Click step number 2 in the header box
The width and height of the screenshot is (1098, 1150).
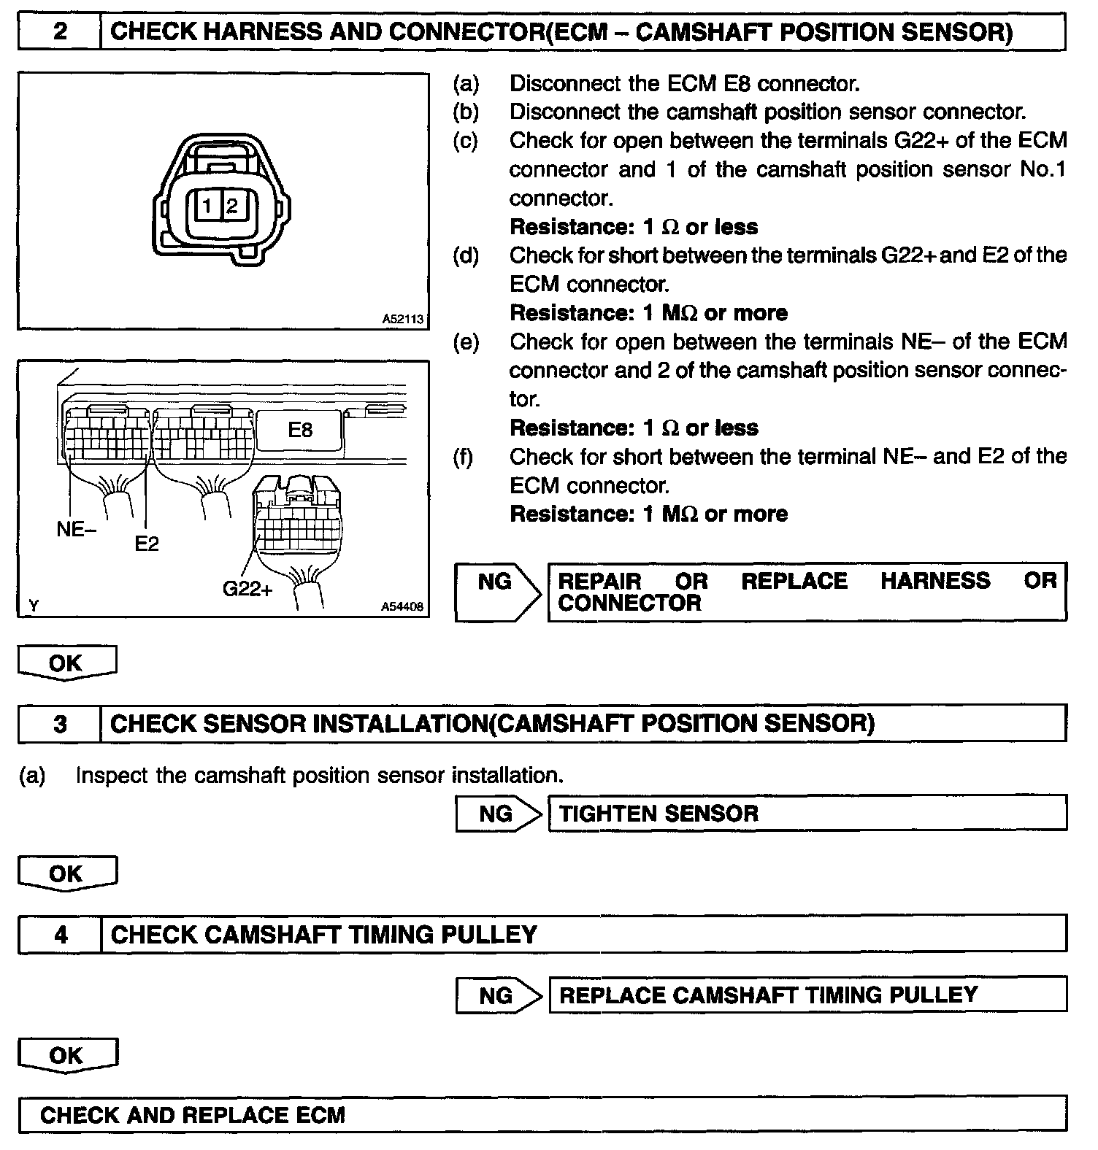(x=60, y=32)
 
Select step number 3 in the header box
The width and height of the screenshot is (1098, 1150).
(x=60, y=723)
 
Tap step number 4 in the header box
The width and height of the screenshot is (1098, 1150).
(x=60, y=934)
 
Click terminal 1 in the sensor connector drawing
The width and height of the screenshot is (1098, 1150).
(x=207, y=207)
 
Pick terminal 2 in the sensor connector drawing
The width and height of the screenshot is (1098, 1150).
(x=231, y=207)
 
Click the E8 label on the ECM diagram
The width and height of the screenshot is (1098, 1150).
(x=300, y=429)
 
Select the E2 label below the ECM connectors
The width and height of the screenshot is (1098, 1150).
(x=147, y=544)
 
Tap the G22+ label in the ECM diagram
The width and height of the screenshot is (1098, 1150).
(x=247, y=589)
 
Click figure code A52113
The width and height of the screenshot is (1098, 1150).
(x=403, y=319)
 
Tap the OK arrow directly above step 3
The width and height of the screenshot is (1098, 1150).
(x=66, y=663)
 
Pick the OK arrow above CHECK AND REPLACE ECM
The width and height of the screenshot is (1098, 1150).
(x=66, y=1055)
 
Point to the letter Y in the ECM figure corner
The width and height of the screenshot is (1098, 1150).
(x=34, y=606)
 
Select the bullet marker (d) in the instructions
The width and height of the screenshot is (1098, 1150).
(x=466, y=255)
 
